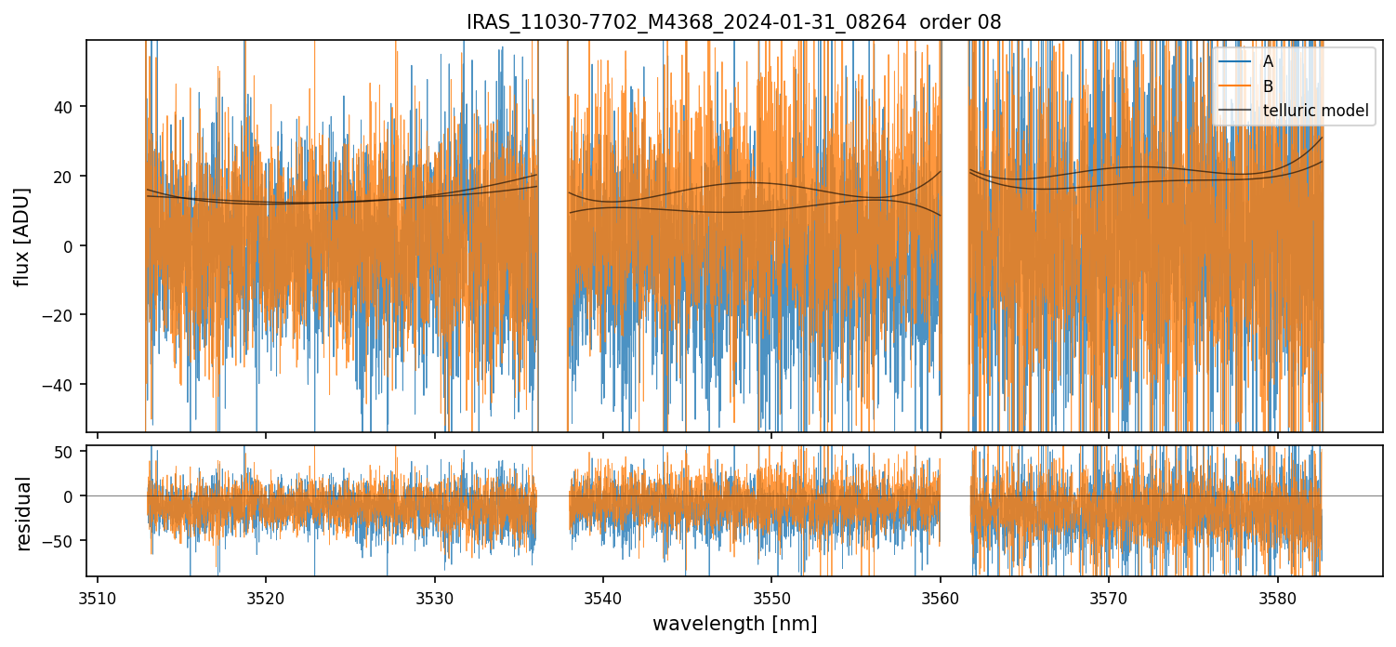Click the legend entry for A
pyautogui.click(x=1268, y=61)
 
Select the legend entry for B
pyautogui.click(x=1268, y=86)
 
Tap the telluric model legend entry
pyautogui.click(x=1315, y=111)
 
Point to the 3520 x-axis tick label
pyautogui.click(x=266, y=597)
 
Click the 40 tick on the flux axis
pyautogui.click(x=68, y=107)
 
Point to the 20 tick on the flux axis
pyautogui.click(x=68, y=177)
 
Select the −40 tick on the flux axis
pyautogui.click(x=62, y=385)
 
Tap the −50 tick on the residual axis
pyautogui.click(x=62, y=541)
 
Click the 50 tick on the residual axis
pyautogui.click(x=68, y=452)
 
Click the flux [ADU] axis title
pyautogui.click(x=22, y=236)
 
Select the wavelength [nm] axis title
pyautogui.click(x=734, y=624)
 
